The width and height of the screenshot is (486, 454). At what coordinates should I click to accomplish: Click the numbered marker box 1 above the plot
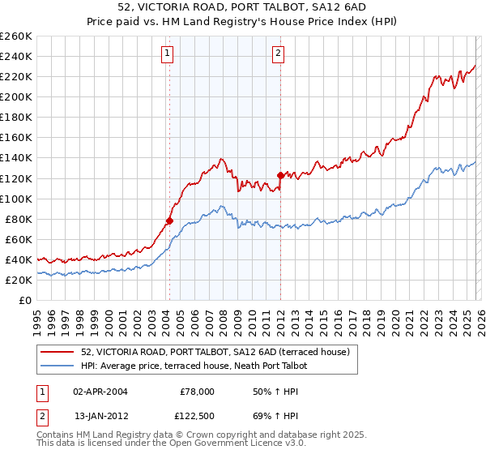[x=167, y=54]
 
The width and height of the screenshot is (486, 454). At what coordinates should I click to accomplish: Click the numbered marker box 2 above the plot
[x=278, y=54]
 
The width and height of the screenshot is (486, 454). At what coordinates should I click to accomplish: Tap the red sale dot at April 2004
[x=169, y=221]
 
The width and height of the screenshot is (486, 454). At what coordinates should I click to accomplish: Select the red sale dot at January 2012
[x=280, y=175]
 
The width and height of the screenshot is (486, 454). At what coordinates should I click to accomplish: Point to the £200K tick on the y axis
[x=16, y=96]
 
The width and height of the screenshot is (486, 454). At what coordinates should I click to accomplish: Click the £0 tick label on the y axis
[x=26, y=300]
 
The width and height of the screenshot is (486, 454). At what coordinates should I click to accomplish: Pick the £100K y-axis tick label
[x=16, y=199]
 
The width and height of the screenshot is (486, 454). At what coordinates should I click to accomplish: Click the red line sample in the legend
[x=58, y=352]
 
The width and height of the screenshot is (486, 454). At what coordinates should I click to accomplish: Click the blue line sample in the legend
[x=58, y=366]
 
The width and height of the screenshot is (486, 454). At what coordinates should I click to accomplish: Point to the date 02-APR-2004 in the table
[x=100, y=392]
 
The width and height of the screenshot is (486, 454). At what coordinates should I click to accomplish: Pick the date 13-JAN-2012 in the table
[x=100, y=416]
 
